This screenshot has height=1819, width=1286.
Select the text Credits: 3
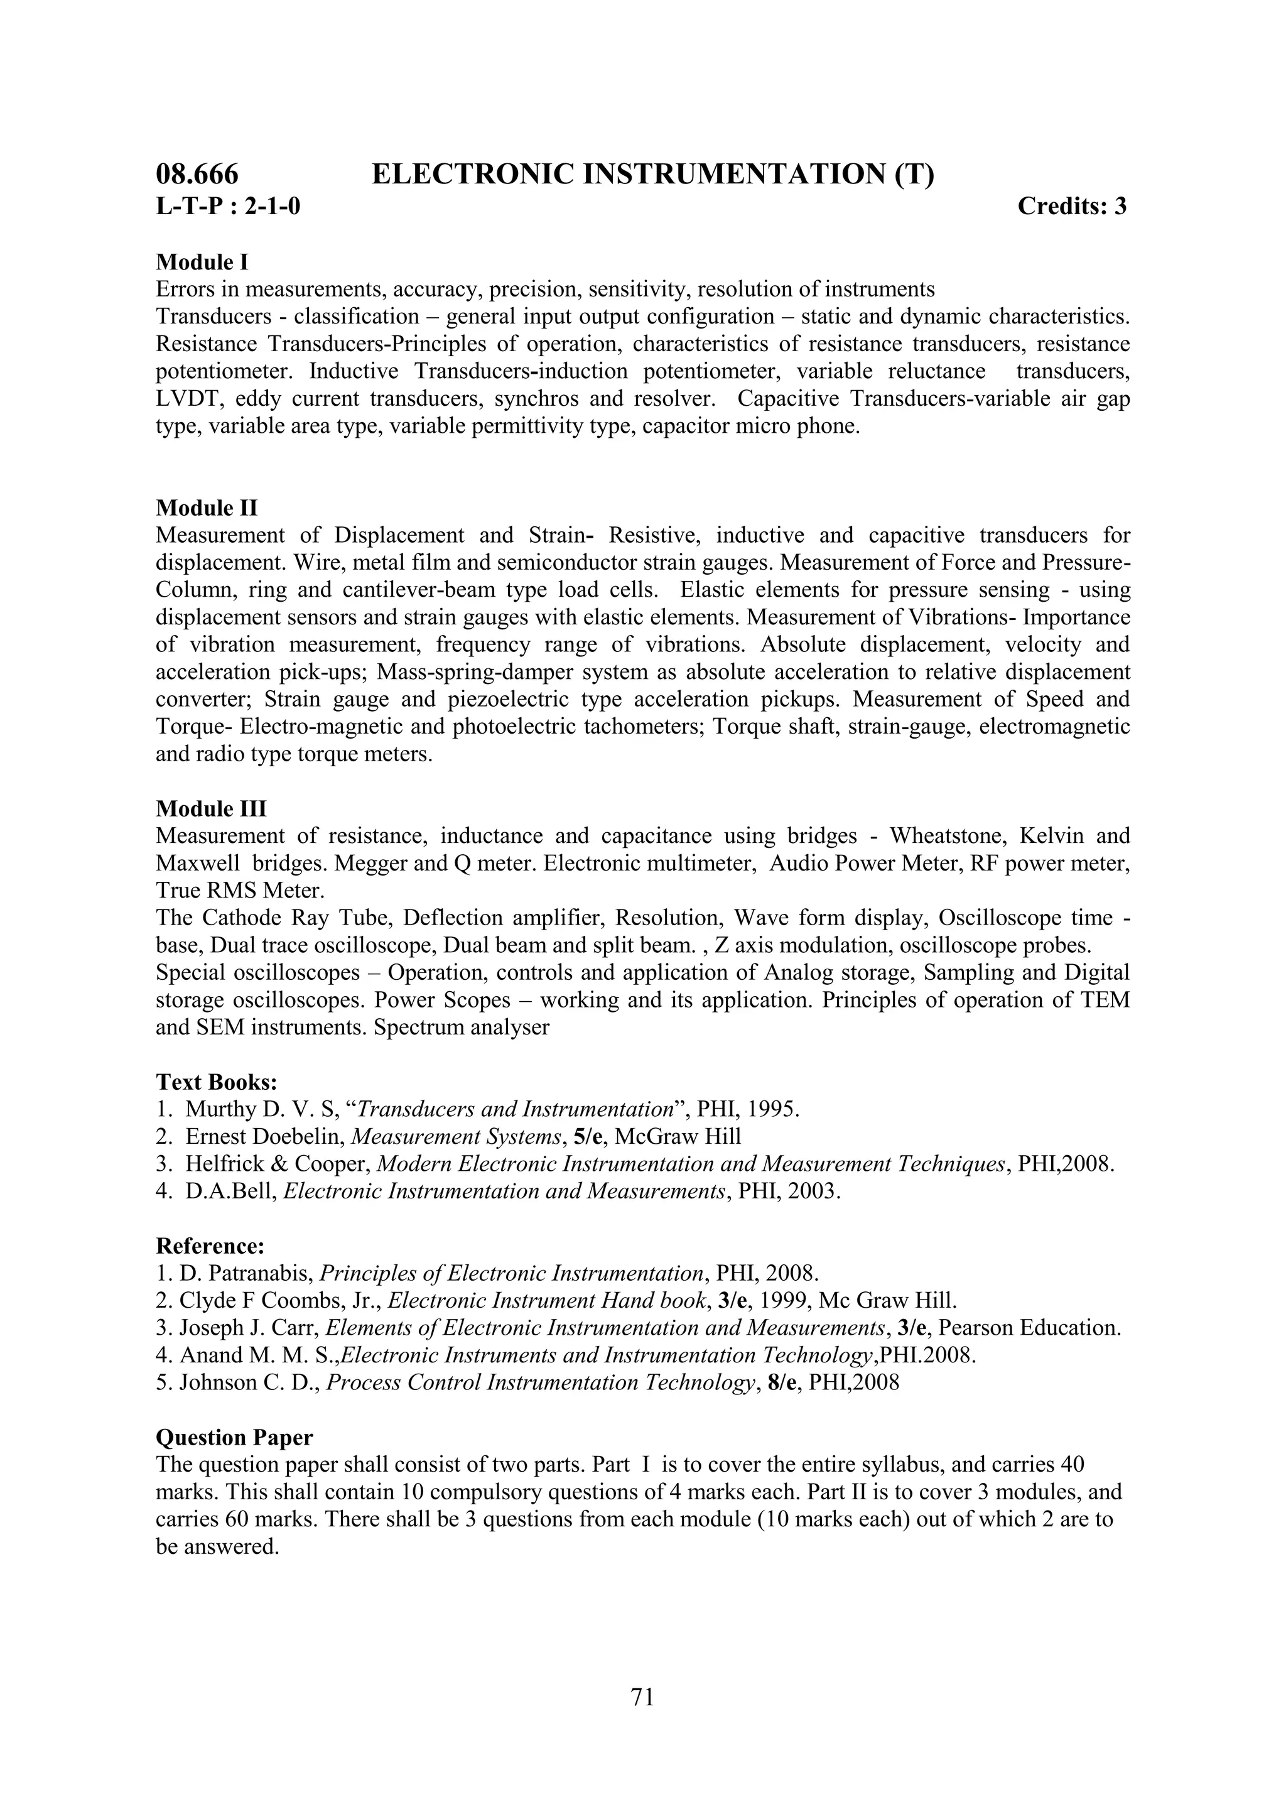coord(1071,206)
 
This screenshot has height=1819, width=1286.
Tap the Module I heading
coord(203,261)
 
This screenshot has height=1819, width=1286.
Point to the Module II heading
coord(207,508)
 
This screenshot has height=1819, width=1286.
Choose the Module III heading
coord(212,809)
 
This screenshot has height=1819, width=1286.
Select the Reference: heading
coord(210,1246)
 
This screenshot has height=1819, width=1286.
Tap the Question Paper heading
coord(234,1437)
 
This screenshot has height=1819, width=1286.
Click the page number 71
coord(642,1697)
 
